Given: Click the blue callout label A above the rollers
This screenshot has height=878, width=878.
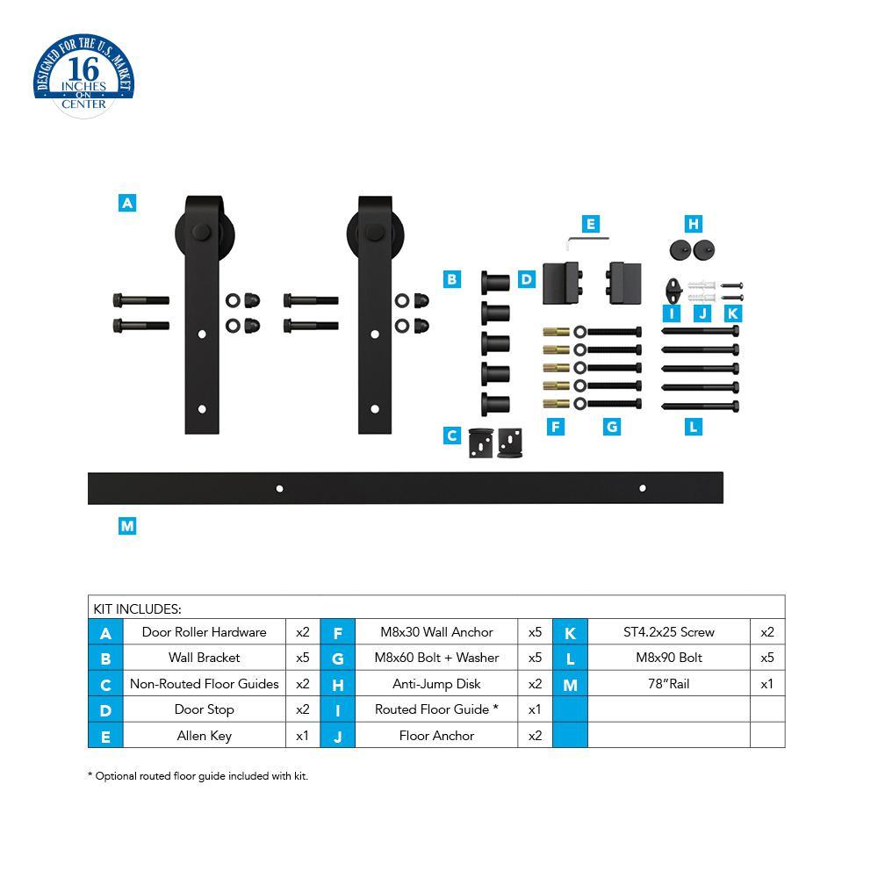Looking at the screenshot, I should click(x=127, y=203).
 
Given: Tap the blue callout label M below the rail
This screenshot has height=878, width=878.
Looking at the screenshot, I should click(x=127, y=526).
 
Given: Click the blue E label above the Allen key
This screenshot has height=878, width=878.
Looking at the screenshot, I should click(x=590, y=224).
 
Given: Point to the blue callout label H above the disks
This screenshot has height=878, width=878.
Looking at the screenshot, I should click(x=694, y=224).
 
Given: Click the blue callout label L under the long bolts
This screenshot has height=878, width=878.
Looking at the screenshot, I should click(x=694, y=427).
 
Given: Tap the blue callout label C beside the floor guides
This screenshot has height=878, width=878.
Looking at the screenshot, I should click(x=452, y=435).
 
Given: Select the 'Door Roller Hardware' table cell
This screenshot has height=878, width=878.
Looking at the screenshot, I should click(x=204, y=632).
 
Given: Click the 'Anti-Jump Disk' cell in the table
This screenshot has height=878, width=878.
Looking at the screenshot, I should click(x=436, y=684).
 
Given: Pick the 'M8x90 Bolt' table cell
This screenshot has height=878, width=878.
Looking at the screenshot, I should click(x=668, y=658).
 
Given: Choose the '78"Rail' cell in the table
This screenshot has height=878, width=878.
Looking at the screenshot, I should click(x=668, y=684).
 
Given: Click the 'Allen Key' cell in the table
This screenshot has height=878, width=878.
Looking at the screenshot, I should click(x=204, y=736).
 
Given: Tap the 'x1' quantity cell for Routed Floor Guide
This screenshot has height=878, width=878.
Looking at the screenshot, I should click(x=535, y=709).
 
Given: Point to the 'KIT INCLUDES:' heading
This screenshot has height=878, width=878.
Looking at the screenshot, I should click(x=138, y=608).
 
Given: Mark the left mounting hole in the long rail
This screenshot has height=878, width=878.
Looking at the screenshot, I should click(x=279, y=488).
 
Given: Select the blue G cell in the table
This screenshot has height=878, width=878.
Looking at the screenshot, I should click(x=337, y=658).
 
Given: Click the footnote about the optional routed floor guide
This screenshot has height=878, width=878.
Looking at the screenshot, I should click(x=198, y=776).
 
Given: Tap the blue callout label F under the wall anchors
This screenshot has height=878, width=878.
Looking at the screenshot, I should click(x=555, y=427).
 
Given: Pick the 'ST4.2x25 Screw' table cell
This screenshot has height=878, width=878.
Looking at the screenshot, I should click(x=668, y=632).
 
